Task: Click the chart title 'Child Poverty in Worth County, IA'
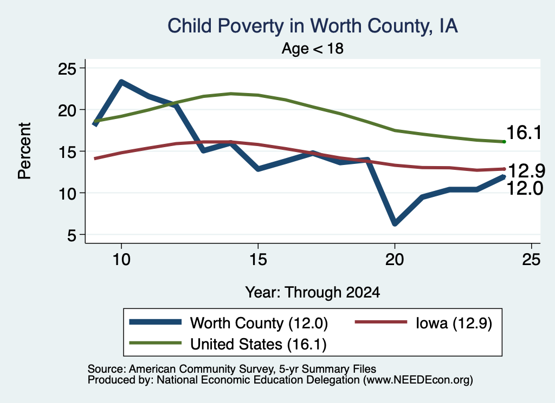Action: (x=313, y=26)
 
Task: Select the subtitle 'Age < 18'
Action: (x=313, y=48)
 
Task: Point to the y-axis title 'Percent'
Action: (x=24, y=151)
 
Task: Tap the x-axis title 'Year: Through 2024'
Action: (x=313, y=293)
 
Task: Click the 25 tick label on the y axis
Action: (x=67, y=69)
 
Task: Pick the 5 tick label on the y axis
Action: (x=72, y=235)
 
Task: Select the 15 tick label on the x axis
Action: (x=258, y=260)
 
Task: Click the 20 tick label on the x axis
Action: (x=395, y=260)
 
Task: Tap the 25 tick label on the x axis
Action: (x=531, y=260)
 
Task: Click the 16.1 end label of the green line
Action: (x=524, y=133)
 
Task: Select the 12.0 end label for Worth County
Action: (x=525, y=188)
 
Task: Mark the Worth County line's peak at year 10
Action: (x=121, y=82)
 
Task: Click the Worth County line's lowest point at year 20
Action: (x=395, y=223)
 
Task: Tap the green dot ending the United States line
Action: (x=504, y=142)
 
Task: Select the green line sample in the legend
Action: (x=156, y=343)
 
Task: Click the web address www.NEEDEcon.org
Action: (x=418, y=380)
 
